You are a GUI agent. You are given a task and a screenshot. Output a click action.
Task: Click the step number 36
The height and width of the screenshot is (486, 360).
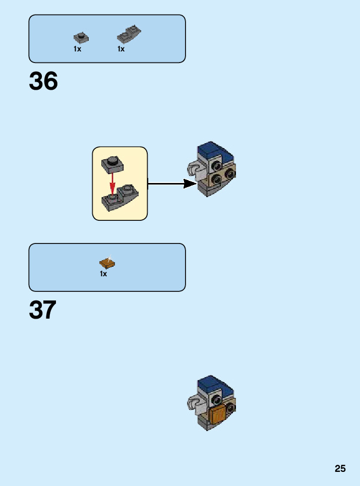coord(43,82)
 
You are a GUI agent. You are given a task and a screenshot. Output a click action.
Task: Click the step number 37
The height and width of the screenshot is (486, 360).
coord(43,310)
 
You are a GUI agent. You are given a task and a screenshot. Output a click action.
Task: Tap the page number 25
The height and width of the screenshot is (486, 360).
coord(340,468)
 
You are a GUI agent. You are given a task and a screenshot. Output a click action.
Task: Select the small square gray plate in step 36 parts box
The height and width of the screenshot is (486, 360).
coord(80,37)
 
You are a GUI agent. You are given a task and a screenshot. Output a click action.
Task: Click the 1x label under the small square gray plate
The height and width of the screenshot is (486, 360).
coord(77,49)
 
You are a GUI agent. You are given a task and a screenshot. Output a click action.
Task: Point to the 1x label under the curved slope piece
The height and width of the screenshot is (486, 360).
coord(121,49)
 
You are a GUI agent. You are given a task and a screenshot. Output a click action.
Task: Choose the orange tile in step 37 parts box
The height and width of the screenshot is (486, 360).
coord(107,263)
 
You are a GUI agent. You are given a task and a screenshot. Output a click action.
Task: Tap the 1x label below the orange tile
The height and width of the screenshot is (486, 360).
coord(103,274)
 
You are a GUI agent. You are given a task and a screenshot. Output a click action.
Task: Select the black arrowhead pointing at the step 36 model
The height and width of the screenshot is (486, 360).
coord(190,184)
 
